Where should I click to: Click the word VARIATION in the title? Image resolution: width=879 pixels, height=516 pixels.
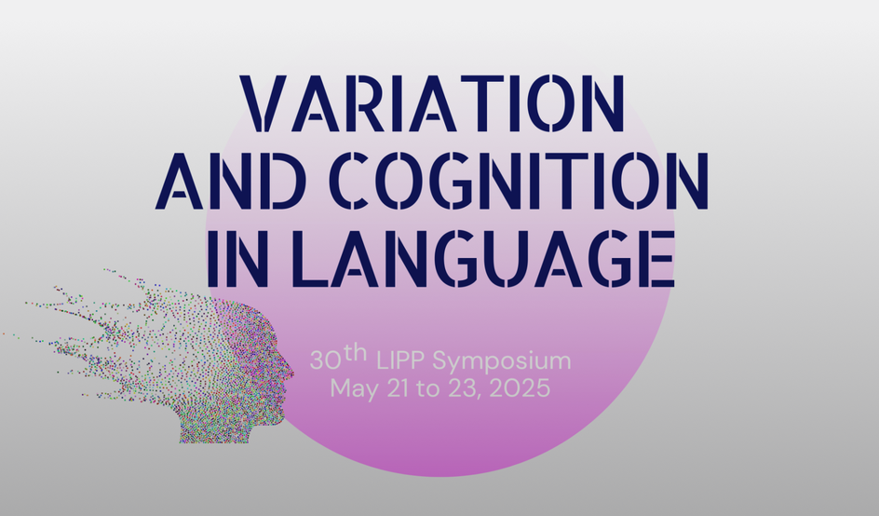432,103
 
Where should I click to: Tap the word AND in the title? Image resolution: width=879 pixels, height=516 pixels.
230,181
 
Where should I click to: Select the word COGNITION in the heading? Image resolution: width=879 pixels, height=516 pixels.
519,181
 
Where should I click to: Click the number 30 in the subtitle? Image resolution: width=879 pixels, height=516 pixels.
325,360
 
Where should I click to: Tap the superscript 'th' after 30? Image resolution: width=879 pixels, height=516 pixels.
356,353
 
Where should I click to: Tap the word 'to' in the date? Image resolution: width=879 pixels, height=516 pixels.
428,388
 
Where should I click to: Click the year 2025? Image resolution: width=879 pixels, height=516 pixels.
520,388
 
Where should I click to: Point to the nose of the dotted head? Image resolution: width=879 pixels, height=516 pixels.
289,370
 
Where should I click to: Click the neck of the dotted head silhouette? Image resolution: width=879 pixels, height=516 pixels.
214,429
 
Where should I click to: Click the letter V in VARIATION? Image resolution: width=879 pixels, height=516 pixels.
264,103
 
